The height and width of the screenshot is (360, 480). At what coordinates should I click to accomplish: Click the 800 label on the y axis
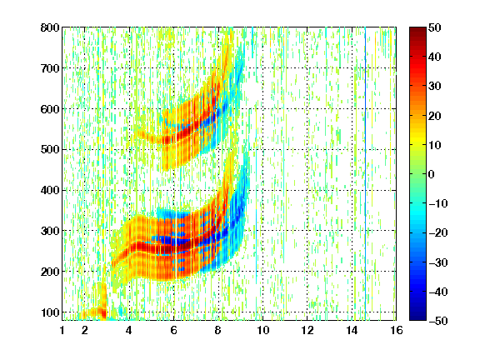50,27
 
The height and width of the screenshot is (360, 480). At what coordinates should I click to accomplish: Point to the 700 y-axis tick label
50,68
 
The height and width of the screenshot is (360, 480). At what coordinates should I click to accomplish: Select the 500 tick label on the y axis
50,150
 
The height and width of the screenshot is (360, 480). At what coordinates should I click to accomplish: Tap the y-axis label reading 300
50,231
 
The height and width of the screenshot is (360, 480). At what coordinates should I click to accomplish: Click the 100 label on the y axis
50,312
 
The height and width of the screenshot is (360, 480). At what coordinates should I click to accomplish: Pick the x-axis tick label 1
62,330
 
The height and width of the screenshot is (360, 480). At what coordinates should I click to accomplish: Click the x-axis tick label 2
85,330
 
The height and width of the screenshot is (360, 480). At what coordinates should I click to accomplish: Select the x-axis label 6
174,330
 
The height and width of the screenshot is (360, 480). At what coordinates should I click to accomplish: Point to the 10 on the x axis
263,330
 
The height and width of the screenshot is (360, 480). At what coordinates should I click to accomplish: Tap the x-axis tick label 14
352,330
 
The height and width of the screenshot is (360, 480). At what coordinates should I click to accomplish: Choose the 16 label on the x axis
397,330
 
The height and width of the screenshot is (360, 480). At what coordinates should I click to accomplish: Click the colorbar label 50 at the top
435,27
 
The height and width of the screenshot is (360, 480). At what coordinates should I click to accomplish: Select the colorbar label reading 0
432,174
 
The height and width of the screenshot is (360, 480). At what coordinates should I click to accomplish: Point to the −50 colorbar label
438,321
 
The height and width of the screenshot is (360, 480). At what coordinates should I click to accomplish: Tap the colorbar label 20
435,116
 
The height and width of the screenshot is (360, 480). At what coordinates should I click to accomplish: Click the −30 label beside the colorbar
438,262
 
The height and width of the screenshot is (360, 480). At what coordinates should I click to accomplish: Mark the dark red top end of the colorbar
417,30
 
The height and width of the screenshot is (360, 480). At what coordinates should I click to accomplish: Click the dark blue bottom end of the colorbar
417,317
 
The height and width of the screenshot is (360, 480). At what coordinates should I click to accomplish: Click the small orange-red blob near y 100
103,312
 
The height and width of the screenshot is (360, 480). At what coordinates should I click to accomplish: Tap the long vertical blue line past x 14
365,173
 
